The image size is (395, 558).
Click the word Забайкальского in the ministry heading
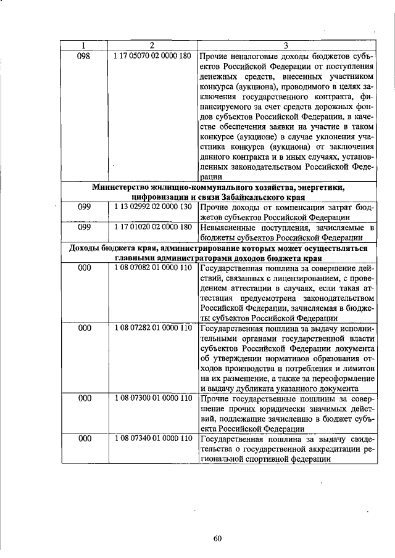(250, 197)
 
